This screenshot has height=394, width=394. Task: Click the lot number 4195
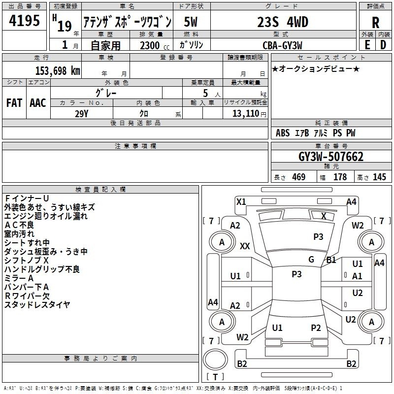(24, 21)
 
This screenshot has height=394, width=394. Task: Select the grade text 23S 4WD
(283, 22)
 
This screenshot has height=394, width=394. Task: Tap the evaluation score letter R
(375, 23)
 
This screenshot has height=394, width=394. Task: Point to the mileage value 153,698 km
(58, 70)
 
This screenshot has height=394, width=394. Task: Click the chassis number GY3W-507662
(331, 157)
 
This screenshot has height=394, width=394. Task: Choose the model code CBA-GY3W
(282, 45)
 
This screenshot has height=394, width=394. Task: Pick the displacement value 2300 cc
(155, 45)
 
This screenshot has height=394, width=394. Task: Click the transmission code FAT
(14, 103)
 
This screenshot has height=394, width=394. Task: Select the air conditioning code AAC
(38, 103)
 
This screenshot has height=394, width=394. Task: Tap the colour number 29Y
(82, 114)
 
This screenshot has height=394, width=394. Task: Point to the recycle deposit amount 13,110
(245, 114)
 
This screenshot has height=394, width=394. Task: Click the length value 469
(299, 177)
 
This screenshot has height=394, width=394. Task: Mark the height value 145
(379, 177)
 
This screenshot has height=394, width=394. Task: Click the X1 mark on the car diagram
(241, 202)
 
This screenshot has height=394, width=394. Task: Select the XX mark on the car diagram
(245, 246)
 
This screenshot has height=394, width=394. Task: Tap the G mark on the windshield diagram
(311, 260)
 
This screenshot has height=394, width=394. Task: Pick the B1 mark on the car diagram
(331, 260)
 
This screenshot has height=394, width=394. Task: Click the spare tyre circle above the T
(215, 360)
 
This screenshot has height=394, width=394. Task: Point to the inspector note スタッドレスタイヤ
(37, 305)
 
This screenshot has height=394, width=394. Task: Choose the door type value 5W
(191, 22)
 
